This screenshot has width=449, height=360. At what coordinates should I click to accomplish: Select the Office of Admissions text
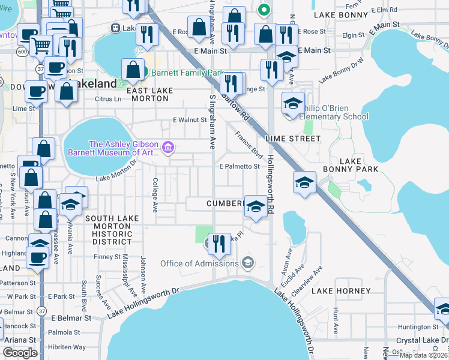coord(199,263)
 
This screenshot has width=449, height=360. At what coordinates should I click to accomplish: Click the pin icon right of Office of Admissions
coord(247,263)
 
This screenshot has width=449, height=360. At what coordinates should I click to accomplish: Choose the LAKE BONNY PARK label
coord(359,166)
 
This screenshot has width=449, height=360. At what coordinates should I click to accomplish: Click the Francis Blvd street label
coord(249,144)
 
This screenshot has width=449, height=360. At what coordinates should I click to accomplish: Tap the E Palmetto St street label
coord(240,166)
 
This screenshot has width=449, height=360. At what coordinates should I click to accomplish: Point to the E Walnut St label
coord(190,119)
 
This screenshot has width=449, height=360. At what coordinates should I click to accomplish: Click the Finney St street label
coord(108,257)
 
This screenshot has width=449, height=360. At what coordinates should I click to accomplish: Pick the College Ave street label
coord(154,195)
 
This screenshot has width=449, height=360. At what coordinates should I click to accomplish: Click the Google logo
coord(20,353)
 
